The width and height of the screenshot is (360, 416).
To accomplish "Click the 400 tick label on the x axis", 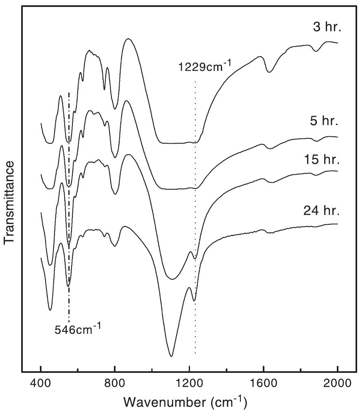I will tap(41, 383).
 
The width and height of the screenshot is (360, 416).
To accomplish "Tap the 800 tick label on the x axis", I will tap(115, 383).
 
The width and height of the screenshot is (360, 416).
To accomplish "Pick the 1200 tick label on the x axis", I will tap(189, 383).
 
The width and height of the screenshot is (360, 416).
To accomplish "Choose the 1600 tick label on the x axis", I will tap(264, 383).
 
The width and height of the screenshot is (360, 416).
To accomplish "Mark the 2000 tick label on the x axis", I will tap(338, 383).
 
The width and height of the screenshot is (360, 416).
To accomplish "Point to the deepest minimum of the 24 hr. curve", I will tap(171, 356).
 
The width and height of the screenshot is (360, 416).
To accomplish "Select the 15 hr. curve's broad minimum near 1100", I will tap(172, 279).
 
